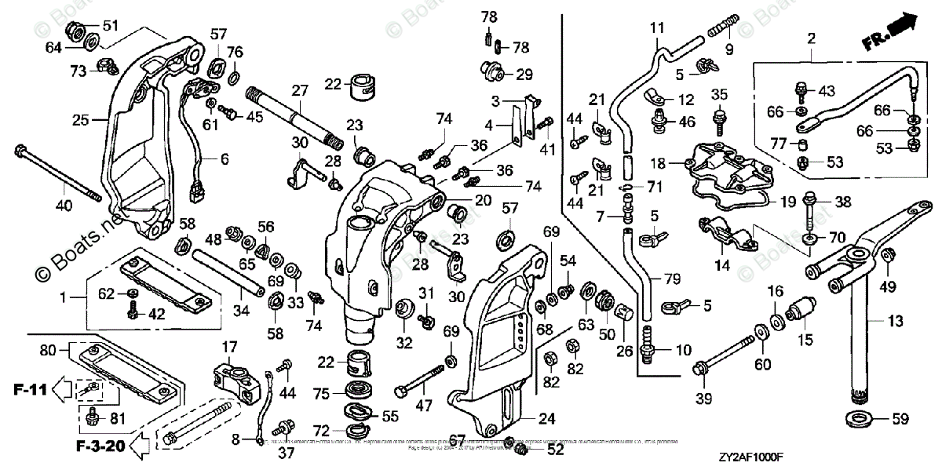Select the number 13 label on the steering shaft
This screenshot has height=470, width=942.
[895, 321]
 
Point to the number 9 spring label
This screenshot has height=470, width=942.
[728, 51]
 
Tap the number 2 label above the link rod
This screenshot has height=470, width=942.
[811, 38]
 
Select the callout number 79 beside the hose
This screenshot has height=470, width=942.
[671, 279]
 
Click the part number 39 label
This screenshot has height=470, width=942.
[703, 399]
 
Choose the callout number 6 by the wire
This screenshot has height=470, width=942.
[225, 158]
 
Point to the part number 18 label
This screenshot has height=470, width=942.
[656, 163]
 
